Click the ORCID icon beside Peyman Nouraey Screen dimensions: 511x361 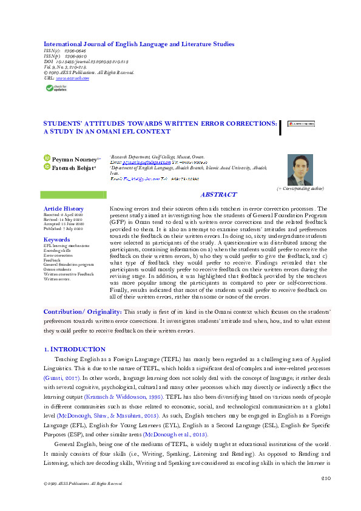[47, 158]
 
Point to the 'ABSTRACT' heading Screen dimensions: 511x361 [218, 194]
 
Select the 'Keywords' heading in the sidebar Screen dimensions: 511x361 [56, 239]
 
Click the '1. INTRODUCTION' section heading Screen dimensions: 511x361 [75, 350]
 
